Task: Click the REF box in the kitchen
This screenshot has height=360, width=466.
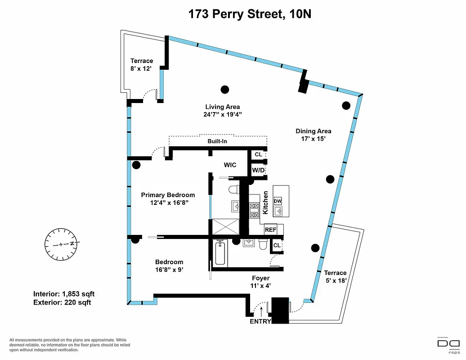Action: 270,229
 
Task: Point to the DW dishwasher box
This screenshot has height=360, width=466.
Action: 277,201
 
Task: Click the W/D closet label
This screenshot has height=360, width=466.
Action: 258,171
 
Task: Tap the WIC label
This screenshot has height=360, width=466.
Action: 230,165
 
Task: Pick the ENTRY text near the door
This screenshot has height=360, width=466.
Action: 260,321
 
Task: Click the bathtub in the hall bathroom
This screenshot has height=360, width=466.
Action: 220,254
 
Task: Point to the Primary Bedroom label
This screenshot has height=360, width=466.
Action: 168,195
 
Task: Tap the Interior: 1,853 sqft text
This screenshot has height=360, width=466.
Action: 64,294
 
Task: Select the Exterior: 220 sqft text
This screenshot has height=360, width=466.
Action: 62,302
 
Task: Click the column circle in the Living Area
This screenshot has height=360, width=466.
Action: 225,89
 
